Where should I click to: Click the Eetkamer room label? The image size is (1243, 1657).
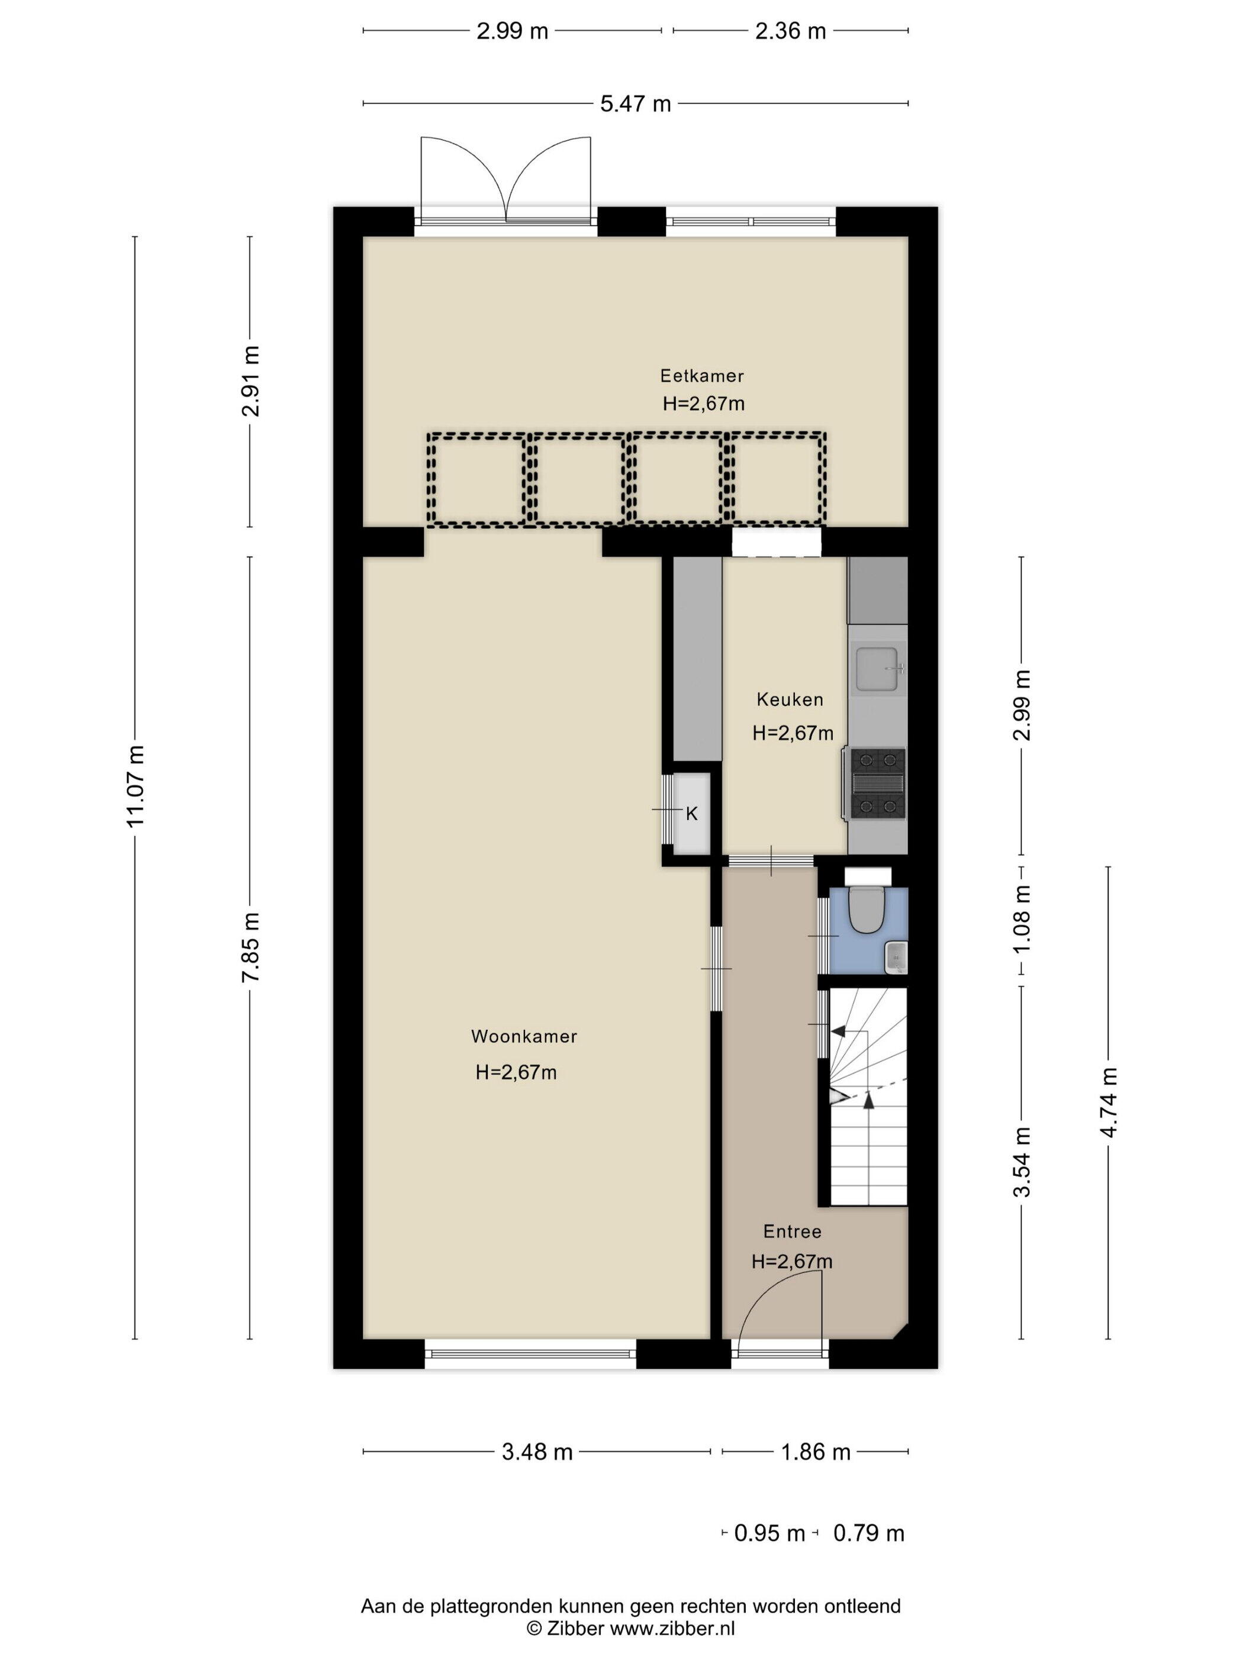[x=701, y=375]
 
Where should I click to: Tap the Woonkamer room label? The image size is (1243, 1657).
[x=524, y=1037]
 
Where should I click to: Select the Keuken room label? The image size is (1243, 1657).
[x=790, y=699]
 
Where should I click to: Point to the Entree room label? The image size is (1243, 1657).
[x=792, y=1232]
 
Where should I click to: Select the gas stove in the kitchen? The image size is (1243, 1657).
[x=877, y=784]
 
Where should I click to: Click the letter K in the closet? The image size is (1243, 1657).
[x=691, y=814]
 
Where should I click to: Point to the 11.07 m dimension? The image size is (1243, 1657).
[x=135, y=786]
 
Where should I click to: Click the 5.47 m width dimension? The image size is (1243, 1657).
[x=635, y=104]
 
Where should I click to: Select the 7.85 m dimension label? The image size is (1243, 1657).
[x=250, y=947]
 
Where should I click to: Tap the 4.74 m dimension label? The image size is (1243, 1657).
[x=1109, y=1102]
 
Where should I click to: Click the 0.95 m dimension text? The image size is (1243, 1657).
[x=769, y=1533]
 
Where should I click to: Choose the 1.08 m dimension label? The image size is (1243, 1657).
[x=1021, y=919]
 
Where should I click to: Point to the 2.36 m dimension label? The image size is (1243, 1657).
[x=790, y=31]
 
